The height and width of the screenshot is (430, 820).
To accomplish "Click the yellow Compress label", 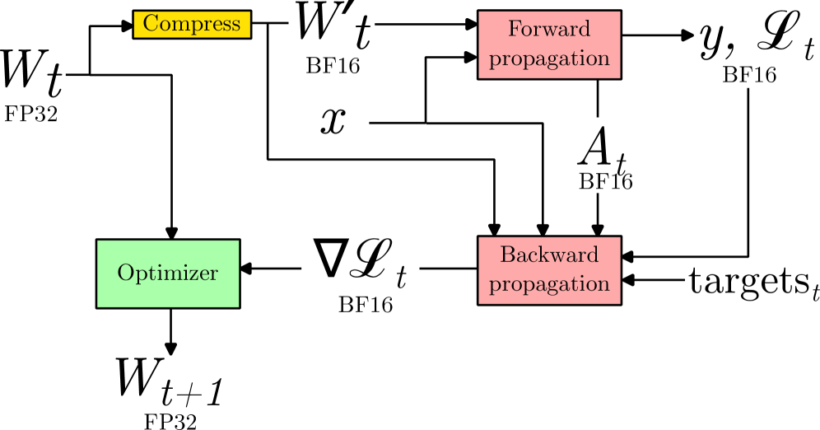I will point(192,25).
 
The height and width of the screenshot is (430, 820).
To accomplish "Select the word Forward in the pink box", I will point(549,30).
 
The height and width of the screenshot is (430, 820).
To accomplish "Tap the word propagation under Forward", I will point(549,59).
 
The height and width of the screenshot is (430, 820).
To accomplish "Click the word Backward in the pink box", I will point(549,255).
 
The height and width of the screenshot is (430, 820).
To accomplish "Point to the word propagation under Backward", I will point(549,284).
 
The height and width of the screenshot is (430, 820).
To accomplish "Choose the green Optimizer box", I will point(168,273).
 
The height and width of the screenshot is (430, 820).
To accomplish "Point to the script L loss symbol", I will point(368,259).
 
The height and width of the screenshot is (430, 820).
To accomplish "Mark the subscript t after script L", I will point(401,278).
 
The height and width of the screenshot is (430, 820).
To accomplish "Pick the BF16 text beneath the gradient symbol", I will point(365,306).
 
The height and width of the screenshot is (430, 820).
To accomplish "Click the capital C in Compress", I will point(150,24).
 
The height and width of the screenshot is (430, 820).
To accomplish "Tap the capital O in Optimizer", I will point(124,273).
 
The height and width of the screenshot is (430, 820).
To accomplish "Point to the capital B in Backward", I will point(506,255).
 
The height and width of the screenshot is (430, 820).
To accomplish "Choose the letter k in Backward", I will point(546,255).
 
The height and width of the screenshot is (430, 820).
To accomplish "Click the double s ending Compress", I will point(233,26).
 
